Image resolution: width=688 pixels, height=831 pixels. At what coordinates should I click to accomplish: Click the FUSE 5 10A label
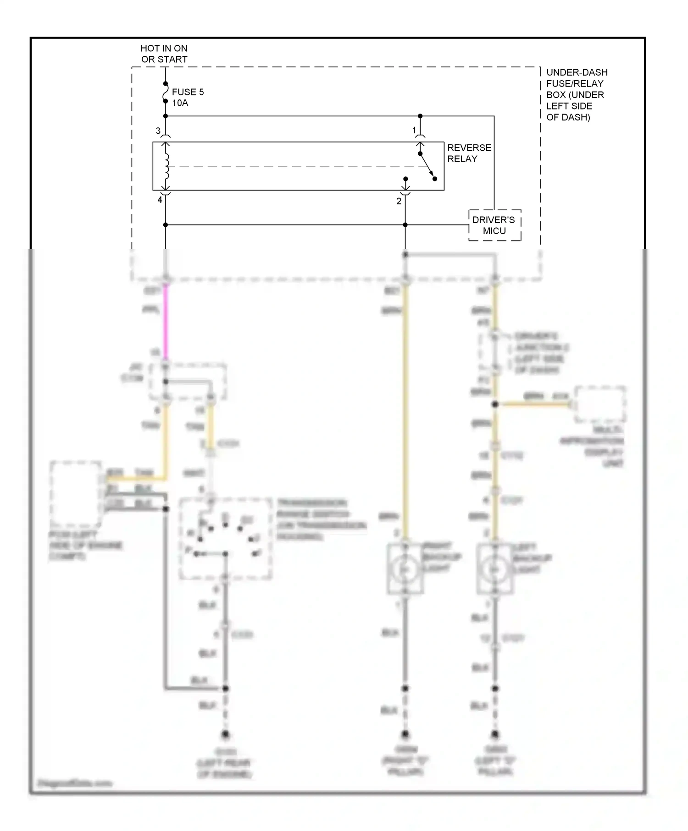[x=187, y=97]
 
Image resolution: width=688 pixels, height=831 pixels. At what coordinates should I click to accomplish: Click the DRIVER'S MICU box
[x=494, y=225]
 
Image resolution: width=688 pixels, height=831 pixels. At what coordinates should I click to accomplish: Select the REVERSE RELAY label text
[x=469, y=153]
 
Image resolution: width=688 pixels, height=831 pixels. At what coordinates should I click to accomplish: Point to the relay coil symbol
[x=166, y=166]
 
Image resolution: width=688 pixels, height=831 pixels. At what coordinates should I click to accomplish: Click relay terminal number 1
[x=414, y=131]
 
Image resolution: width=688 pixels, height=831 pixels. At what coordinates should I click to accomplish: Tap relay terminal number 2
[x=399, y=201]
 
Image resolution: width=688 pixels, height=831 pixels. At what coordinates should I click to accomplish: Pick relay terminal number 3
[x=158, y=131]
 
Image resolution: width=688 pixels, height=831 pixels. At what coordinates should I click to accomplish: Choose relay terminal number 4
[x=160, y=200]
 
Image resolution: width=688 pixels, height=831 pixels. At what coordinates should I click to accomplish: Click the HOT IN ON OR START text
[x=164, y=54]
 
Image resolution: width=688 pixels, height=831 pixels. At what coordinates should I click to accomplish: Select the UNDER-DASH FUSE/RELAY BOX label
[x=576, y=94]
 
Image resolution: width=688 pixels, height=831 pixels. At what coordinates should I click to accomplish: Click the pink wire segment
[x=166, y=321]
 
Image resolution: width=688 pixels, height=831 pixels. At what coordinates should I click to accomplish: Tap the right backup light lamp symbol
[x=405, y=569]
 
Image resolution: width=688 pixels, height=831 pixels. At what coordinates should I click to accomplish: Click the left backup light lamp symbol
[x=494, y=569]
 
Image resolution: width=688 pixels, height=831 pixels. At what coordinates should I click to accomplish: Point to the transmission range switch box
[x=225, y=539]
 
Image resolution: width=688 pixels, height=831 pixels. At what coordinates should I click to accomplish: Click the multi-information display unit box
[x=600, y=405]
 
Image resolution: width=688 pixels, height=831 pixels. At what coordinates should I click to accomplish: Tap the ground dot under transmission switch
[x=225, y=735]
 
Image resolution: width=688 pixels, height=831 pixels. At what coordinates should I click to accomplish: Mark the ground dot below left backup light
[x=494, y=734]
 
